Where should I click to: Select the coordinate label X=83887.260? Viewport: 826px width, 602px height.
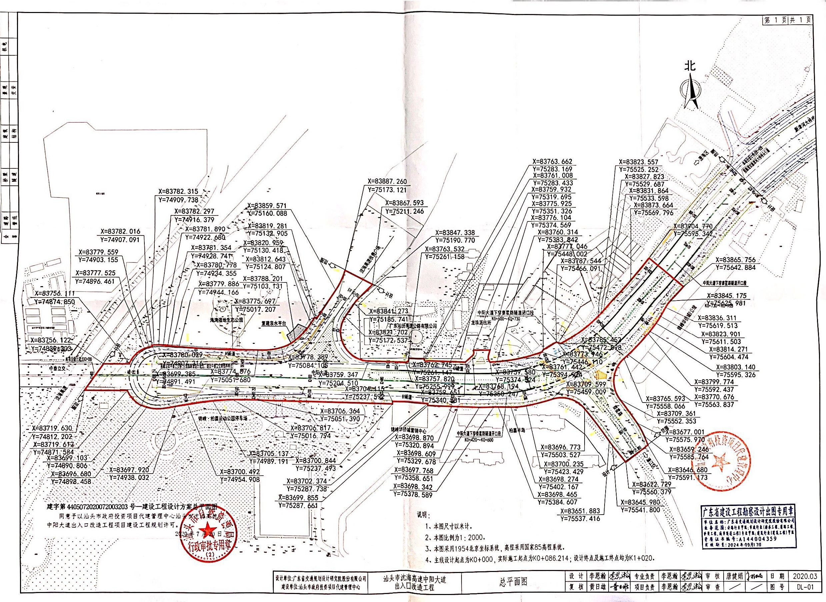pos(387,181)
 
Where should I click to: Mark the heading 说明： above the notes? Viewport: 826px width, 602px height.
pos(424,516)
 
